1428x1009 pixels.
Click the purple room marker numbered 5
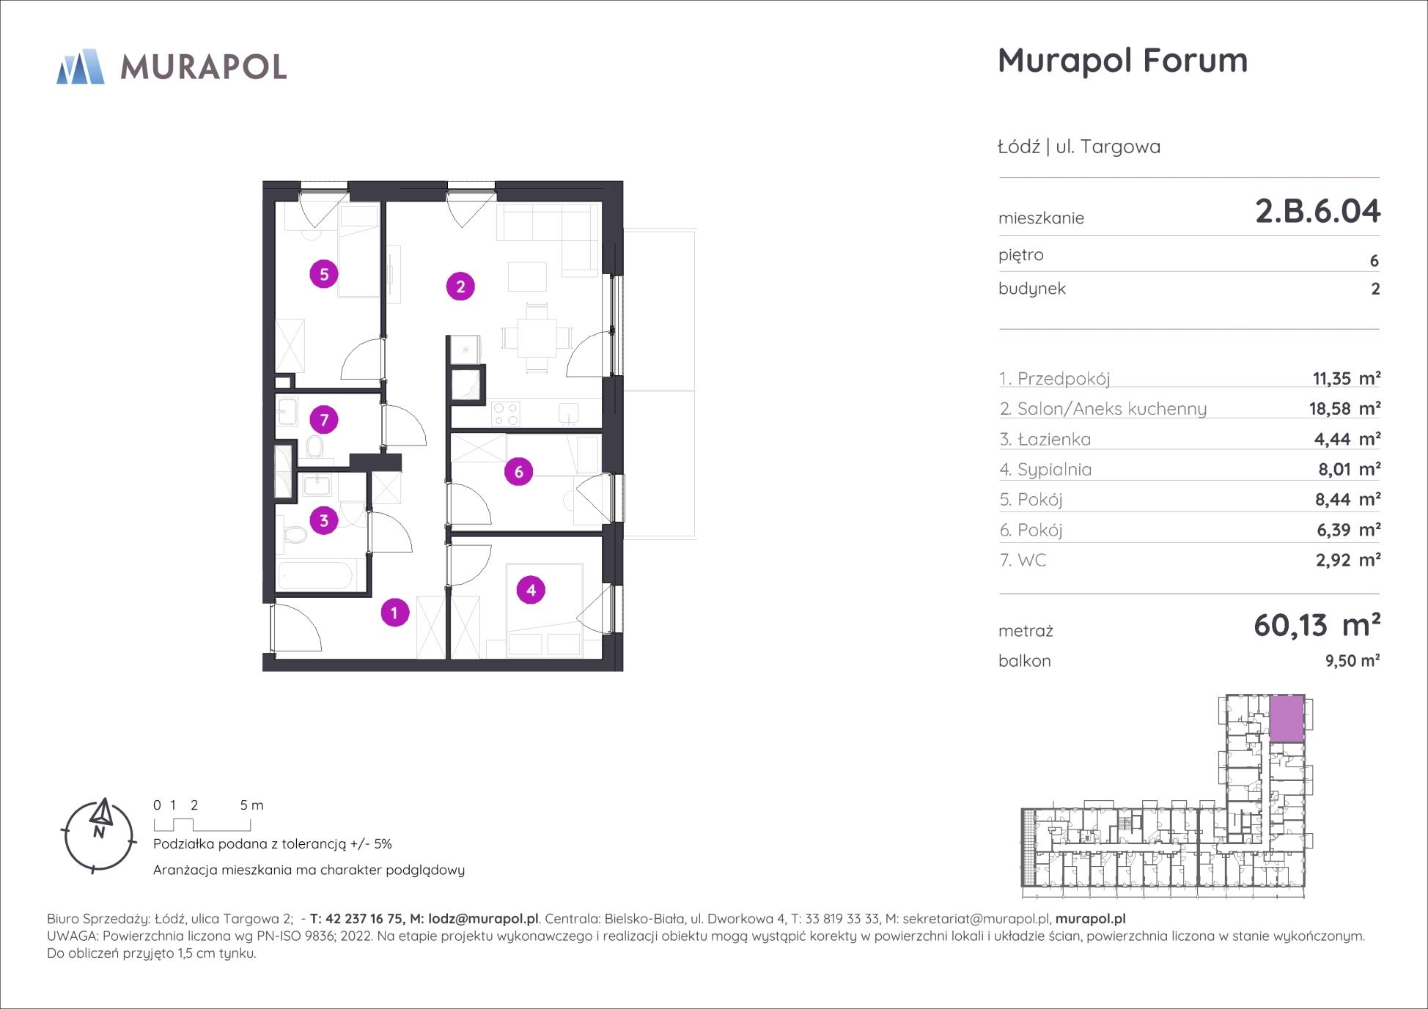(x=324, y=274)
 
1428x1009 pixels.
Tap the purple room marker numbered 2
(x=460, y=287)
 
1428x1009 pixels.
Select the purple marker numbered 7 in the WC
(x=324, y=420)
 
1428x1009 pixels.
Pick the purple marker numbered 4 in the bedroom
(x=531, y=590)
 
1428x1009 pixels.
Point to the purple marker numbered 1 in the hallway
(x=394, y=613)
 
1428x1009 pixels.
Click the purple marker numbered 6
(x=518, y=471)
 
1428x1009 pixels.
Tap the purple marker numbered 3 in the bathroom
(x=324, y=520)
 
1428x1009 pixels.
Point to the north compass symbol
(x=99, y=836)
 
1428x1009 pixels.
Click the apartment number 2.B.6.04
(x=1317, y=211)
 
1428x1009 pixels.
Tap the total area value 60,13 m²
(x=1317, y=625)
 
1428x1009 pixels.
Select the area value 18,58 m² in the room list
(x=1344, y=408)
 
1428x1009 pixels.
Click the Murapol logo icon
(x=81, y=67)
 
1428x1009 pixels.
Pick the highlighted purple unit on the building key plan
(x=1287, y=718)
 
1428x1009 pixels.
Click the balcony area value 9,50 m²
(x=1352, y=660)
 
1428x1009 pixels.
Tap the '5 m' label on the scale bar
(x=251, y=805)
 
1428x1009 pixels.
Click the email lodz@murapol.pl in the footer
(x=483, y=919)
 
